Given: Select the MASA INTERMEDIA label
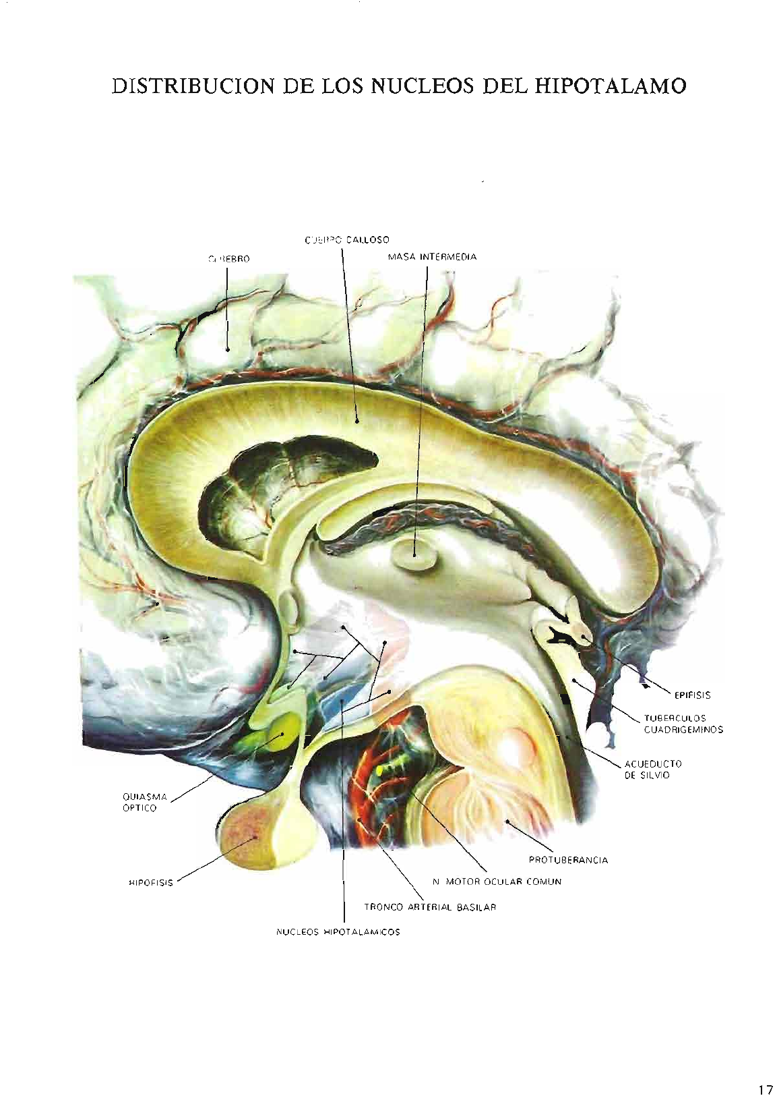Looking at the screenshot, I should click(x=432, y=257).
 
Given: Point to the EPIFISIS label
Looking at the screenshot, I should click(x=692, y=695).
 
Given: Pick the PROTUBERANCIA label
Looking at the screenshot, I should click(x=568, y=860).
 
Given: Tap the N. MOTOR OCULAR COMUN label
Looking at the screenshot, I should click(x=497, y=882).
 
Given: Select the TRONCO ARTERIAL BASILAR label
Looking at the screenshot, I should click(x=430, y=907).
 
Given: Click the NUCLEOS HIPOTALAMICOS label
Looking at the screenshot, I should click(x=338, y=932).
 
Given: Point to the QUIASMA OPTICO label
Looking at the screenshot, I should click(x=140, y=802).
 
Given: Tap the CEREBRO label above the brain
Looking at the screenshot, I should click(x=228, y=258).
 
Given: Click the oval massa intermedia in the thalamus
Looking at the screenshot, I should click(x=414, y=556).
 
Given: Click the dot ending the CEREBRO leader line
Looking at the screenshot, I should click(x=228, y=350).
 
